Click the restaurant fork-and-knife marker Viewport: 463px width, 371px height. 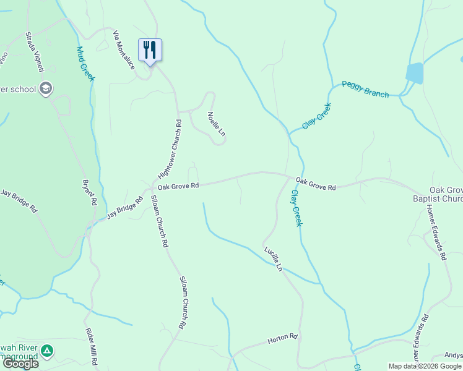click(149, 50)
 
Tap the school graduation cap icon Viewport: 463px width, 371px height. click(45, 90)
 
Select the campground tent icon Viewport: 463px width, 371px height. click(46, 352)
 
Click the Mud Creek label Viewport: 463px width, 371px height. click(85, 64)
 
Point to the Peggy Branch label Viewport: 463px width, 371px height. click(365, 89)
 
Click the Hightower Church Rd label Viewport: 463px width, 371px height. click(170, 149)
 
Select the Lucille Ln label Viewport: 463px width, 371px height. click(273, 259)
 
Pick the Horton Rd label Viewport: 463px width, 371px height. click(283, 338)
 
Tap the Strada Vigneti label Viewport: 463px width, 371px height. click(33, 53)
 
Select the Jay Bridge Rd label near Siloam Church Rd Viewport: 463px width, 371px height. click(125, 208)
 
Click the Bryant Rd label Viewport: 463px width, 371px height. click(90, 192)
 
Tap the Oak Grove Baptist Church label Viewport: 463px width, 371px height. click(438, 194)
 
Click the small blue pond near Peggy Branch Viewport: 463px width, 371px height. click(414, 73)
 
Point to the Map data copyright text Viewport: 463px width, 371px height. click(424, 366)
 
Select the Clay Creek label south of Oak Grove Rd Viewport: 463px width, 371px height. click(296, 207)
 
